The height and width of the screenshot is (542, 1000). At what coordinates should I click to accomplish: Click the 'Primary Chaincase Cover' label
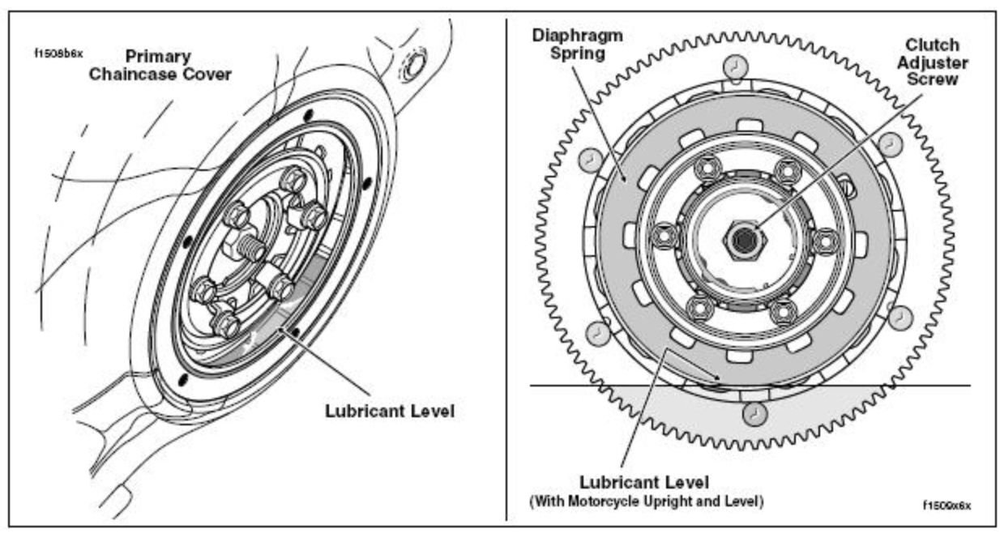[177, 66]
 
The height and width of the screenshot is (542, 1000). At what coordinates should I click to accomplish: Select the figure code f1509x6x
[945, 505]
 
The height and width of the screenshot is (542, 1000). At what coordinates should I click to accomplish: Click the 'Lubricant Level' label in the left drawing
[389, 411]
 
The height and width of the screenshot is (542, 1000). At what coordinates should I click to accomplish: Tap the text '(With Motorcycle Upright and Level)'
[646, 501]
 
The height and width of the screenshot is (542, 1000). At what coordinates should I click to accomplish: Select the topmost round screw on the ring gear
[732, 65]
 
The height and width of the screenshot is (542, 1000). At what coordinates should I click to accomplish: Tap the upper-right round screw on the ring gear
[889, 144]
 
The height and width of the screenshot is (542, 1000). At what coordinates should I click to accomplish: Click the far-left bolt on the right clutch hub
[664, 235]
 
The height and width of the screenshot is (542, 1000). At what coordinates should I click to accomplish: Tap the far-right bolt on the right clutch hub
[825, 241]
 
